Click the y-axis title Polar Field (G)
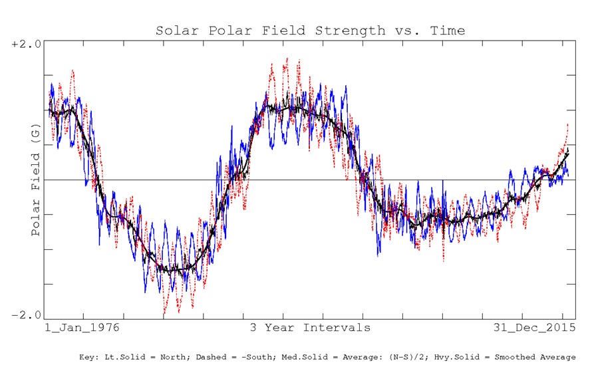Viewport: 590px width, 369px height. [36, 183]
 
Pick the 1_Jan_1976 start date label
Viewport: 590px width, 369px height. [83, 328]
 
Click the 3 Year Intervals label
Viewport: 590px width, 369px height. [310, 328]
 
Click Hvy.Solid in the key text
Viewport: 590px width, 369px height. [468, 357]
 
